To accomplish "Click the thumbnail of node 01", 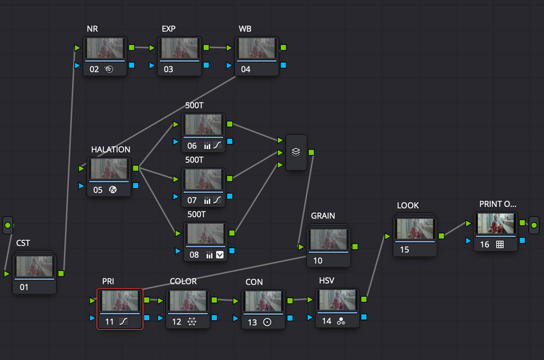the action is (35, 266).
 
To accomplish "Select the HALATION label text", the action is (111, 150).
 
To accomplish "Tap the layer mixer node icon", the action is (296, 152).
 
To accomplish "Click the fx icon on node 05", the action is (113, 190).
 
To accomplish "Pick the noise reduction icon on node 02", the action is (109, 69).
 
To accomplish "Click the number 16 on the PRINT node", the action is (485, 244).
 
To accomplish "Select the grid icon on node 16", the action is (500, 244).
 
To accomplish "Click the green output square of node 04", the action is (284, 48).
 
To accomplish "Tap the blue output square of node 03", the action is (207, 65).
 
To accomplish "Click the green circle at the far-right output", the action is (534, 225).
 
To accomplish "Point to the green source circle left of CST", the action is (7, 225).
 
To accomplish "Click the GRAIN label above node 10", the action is (323, 216).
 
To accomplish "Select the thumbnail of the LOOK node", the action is (415, 229).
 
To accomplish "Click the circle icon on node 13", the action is (267, 322).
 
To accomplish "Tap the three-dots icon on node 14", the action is (341, 321).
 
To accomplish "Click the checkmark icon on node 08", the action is (220, 255).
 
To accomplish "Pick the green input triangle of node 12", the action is (160, 301).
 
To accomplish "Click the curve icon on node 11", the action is (124, 321).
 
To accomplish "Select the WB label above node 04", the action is (245, 29).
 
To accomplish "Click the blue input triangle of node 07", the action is (176, 197).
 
